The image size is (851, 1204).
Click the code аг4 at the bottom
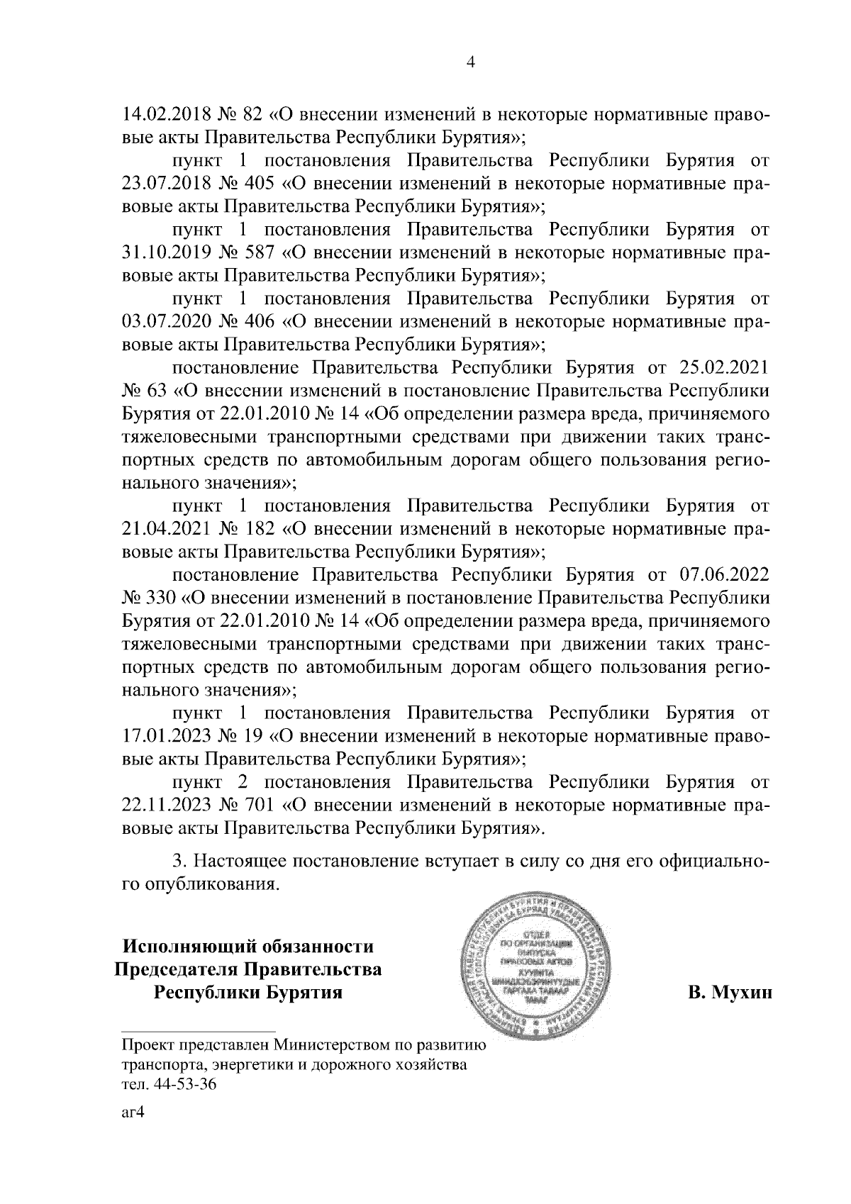(x=133, y=1113)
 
